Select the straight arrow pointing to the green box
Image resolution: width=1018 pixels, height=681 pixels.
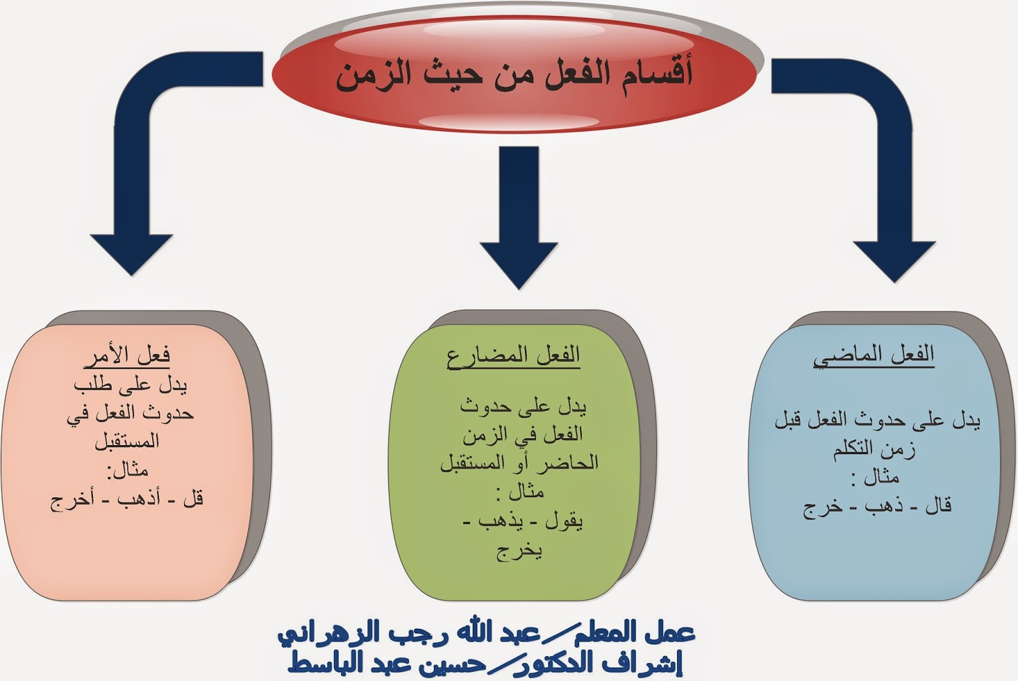click(519, 216)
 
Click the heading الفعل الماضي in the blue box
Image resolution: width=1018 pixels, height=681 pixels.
click(874, 355)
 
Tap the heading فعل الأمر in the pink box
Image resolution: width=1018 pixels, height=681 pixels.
click(127, 355)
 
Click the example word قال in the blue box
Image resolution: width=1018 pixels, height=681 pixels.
click(938, 506)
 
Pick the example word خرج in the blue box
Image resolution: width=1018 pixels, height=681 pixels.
click(822, 507)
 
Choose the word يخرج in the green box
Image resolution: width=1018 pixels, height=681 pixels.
click(519, 551)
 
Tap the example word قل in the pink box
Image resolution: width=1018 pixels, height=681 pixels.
click(193, 499)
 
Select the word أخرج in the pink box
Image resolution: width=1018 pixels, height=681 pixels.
click(72, 500)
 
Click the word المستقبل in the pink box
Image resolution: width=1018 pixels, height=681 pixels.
click(127, 441)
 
